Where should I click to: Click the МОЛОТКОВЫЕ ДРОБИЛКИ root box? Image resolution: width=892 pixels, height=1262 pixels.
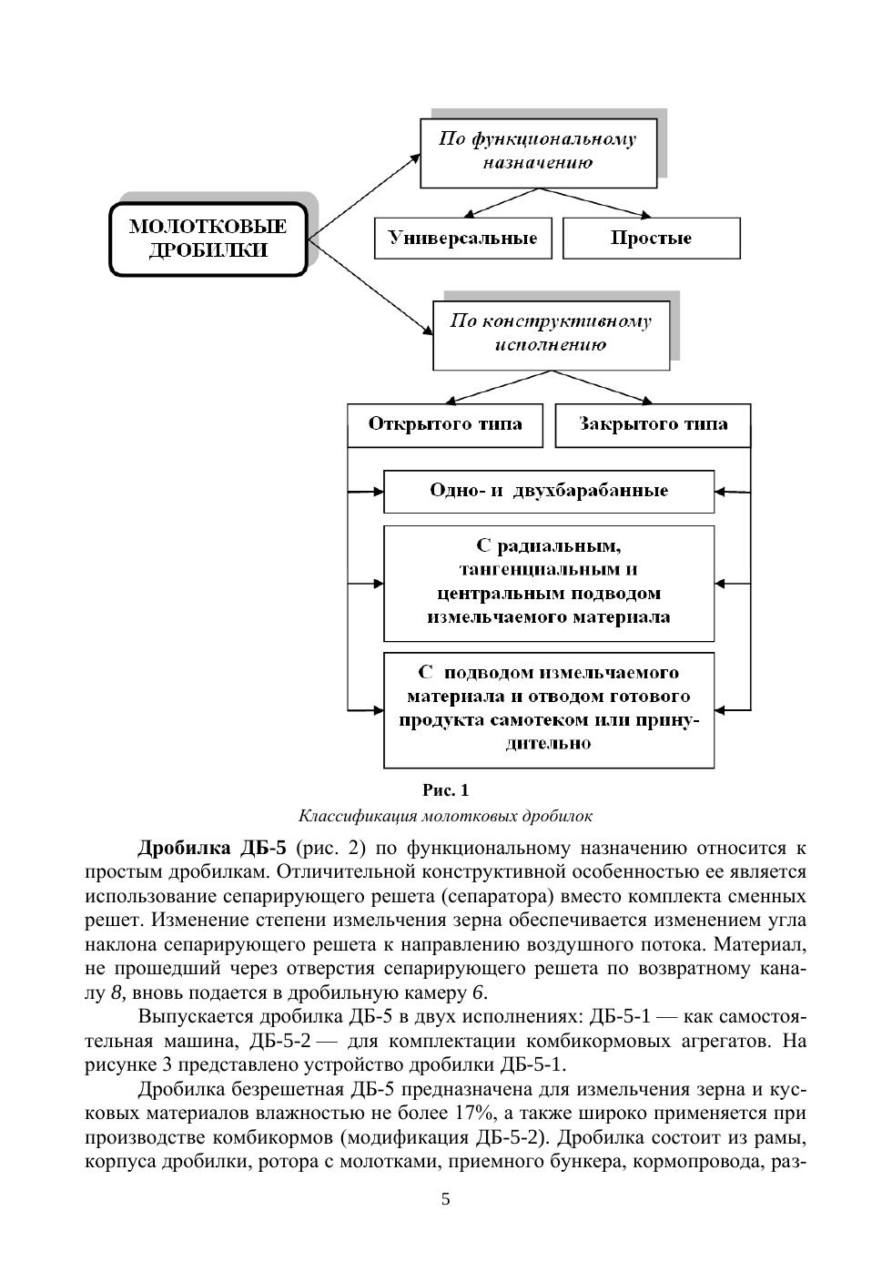click(208, 239)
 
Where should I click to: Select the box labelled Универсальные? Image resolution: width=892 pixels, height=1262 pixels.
click(463, 239)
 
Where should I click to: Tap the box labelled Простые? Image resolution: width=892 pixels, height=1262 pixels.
click(651, 239)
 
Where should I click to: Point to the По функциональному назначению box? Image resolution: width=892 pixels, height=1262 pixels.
click(538, 151)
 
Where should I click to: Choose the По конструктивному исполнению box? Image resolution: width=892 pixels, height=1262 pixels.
click(551, 333)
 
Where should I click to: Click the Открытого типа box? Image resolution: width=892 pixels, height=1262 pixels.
click(445, 425)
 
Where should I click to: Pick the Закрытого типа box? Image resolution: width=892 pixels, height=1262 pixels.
click(653, 425)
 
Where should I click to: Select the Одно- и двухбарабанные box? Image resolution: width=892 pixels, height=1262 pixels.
click(549, 492)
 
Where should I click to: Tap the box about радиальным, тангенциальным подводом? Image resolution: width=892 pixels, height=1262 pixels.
click(549, 582)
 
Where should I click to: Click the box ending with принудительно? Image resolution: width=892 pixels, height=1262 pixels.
click(549, 708)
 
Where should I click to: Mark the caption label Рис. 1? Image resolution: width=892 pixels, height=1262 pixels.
click(446, 790)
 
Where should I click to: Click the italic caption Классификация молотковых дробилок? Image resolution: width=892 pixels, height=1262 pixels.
click(446, 816)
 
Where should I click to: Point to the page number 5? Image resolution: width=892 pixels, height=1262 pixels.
click(446, 1199)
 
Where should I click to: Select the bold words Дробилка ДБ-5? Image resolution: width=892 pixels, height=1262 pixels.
click(211, 849)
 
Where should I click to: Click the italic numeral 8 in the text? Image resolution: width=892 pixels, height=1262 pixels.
click(117, 992)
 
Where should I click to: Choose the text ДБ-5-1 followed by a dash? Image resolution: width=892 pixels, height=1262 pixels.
click(620, 1016)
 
